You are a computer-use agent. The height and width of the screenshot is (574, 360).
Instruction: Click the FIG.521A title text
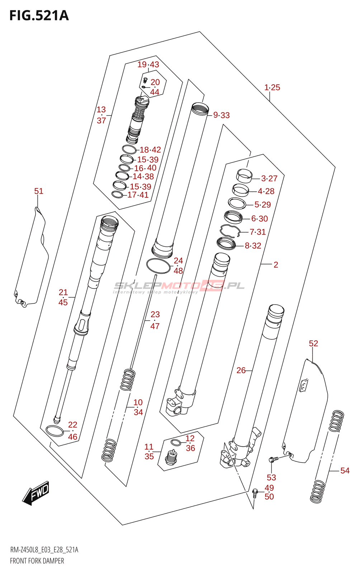point(39,16)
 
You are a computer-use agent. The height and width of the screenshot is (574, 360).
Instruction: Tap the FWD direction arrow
point(36,493)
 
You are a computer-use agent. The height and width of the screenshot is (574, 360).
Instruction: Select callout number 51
point(39,191)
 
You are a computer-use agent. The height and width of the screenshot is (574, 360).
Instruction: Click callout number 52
point(313,343)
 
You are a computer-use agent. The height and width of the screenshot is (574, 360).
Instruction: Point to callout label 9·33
point(222,115)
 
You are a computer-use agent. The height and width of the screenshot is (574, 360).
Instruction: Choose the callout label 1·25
point(272,87)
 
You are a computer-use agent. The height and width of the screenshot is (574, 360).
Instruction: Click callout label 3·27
point(269,178)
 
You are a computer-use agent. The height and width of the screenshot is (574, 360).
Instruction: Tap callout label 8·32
point(253,246)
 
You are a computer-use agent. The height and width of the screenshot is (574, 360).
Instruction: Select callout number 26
point(241,370)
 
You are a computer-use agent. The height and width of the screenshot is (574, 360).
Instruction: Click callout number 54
point(345,470)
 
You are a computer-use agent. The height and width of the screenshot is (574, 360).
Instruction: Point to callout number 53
point(271,477)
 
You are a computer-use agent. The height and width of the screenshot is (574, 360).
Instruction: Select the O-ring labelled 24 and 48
point(158,266)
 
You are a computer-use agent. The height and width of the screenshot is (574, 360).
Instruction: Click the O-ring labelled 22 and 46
point(55,431)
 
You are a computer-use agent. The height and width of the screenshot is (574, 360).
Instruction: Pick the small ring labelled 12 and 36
point(176,442)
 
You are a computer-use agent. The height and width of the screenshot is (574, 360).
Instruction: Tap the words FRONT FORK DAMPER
point(37,561)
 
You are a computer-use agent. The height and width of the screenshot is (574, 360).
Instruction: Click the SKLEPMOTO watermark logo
point(179,286)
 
